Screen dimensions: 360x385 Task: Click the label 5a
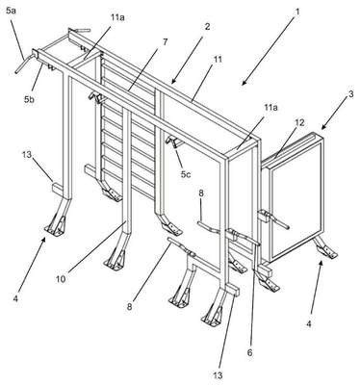(x=11, y=11)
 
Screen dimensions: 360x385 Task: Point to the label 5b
(x=29, y=99)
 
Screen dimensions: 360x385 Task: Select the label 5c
(x=185, y=174)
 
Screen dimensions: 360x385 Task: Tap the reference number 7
(x=165, y=41)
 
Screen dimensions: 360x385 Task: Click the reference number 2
(x=207, y=26)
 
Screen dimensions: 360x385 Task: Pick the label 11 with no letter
(x=218, y=60)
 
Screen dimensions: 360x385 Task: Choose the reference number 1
(x=297, y=12)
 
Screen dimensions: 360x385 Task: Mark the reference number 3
(x=350, y=94)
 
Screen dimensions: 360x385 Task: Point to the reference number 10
(x=61, y=279)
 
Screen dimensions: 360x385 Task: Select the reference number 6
(x=249, y=352)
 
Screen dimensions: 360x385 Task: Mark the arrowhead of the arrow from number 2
(x=173, y=82)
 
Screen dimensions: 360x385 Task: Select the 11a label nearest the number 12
(x=270, y=108)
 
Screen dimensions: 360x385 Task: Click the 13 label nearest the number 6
(x=218, y=375)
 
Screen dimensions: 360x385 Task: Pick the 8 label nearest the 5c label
(x=201, y=193)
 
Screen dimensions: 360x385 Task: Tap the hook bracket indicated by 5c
(x=172, y=141)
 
